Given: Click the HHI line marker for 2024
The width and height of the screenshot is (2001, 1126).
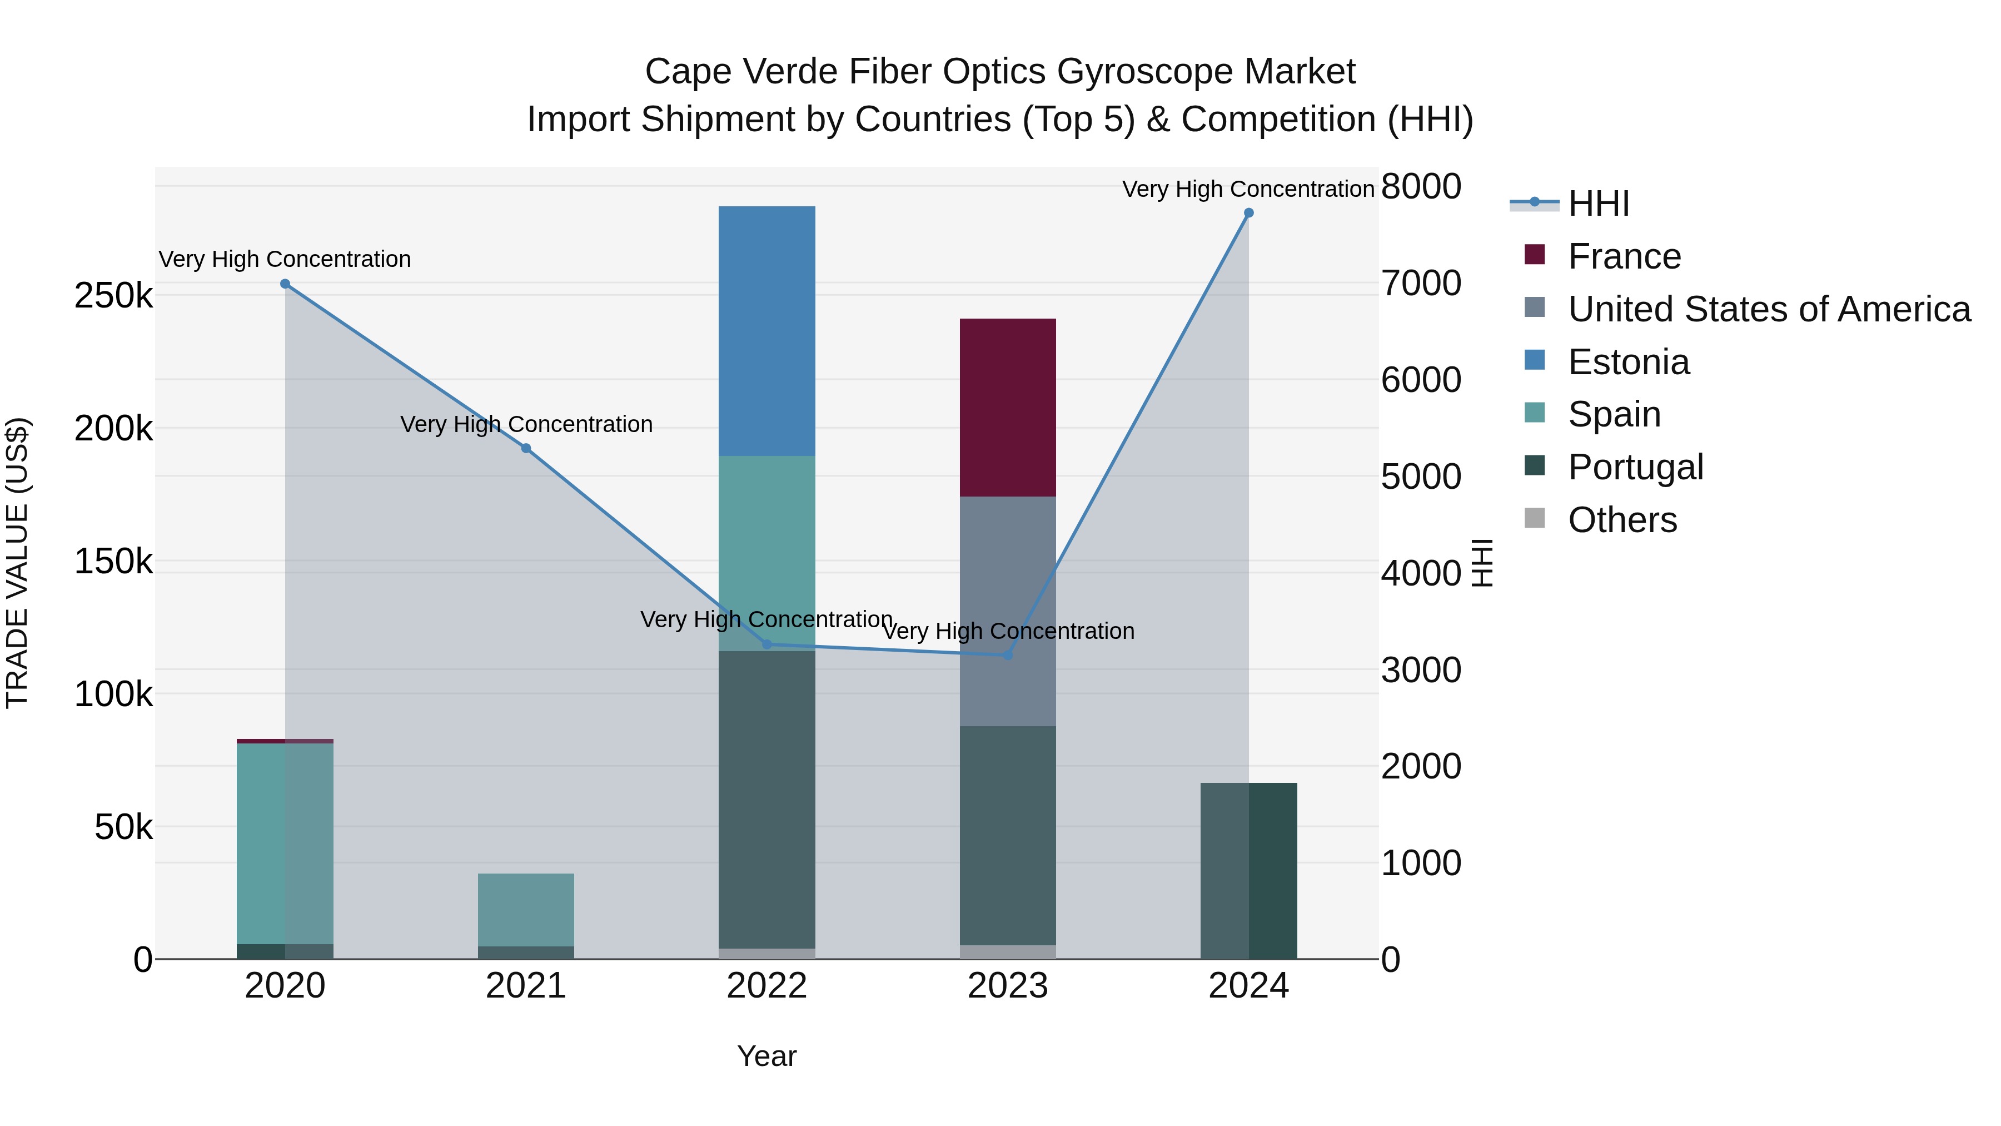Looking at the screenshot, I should [1248, 213].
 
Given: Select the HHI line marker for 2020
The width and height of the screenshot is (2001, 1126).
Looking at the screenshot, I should [285, 284].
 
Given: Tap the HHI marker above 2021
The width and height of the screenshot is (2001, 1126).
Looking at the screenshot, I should [526, 448].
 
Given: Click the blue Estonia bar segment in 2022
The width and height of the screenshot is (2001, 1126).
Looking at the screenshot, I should [766, 331].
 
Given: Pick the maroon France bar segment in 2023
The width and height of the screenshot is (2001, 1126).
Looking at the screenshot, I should [1008, 407].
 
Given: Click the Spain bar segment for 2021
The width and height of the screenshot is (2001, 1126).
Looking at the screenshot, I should [526, 909].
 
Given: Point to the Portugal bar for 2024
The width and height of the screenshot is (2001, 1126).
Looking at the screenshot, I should [1248, 870].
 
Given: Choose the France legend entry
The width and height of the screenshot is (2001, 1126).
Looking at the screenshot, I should [1624, 256].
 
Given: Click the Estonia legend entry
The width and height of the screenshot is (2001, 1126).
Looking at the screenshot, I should [1628, 362].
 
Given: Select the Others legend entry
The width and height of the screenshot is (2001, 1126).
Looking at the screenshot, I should [1622, 520].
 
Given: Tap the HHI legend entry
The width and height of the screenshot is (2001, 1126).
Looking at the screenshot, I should [1598, 204].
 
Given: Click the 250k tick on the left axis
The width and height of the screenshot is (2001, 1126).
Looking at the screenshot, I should [113, 296].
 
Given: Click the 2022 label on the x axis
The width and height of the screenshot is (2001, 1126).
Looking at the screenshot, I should [766, 986].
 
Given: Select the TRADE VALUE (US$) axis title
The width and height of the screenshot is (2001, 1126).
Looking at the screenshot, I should [17, 563].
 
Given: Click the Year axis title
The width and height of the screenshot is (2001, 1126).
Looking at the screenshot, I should [766, 1056].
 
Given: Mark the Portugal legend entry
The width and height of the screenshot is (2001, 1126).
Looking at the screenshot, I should [1635, 467].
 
